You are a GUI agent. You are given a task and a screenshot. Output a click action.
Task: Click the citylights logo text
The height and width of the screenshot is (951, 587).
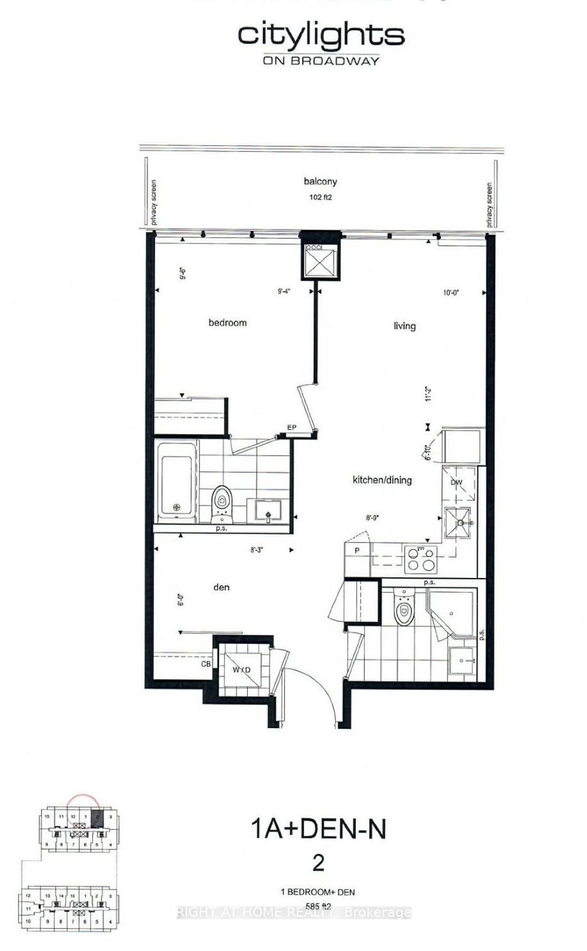321,36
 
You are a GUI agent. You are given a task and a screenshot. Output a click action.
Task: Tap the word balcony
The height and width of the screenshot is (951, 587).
320,182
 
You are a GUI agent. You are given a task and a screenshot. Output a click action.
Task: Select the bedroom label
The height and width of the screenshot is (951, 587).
228,323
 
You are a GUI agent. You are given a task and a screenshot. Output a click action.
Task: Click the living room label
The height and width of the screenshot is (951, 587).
404,326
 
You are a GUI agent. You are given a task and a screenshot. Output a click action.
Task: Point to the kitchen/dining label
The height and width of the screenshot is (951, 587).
382,480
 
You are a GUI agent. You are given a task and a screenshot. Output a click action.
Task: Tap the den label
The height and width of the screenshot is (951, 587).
221,587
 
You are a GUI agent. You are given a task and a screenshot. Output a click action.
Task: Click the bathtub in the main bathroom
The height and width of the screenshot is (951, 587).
176,480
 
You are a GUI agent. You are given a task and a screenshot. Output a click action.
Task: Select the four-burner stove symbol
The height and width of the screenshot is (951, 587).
420,559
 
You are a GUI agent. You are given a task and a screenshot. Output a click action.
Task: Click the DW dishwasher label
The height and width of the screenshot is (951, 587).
456,482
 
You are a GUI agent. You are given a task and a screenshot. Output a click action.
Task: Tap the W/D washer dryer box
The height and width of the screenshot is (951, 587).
241,670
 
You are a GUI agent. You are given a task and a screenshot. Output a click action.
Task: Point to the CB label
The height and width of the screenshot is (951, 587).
206,664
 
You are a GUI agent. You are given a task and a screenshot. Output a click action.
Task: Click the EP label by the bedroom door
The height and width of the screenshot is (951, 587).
291,428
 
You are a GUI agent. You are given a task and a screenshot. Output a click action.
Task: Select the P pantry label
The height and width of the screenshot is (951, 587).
357,551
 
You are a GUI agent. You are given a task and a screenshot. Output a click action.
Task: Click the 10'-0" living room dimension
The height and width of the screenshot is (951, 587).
451,293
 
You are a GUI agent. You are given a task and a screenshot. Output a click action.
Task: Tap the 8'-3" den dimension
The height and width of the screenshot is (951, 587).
256,550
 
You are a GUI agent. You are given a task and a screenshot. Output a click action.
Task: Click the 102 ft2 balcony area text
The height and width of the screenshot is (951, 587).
320,197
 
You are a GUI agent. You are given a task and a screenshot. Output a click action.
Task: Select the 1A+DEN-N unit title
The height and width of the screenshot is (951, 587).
319,829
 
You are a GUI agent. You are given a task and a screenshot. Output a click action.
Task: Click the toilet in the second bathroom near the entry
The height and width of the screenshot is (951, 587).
404,611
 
